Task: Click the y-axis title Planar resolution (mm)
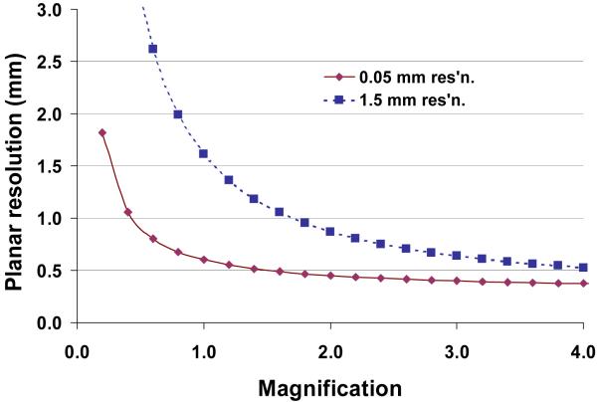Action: coord(17,164)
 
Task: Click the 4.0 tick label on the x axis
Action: coord(583,351)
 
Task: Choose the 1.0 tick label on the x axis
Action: coord(204,351)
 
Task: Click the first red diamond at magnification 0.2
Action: coord(102,132)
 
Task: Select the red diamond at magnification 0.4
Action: coord(127,212)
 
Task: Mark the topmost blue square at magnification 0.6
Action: coord(152,49)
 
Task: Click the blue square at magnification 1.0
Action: coord(203,153)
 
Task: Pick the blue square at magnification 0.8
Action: coord(178,114)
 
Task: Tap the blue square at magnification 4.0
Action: coord(583,268)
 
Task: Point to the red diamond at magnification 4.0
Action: coord(583,284)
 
